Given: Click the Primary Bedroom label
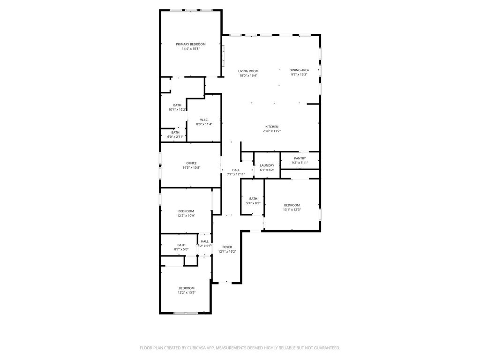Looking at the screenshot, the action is (x=191, y=45).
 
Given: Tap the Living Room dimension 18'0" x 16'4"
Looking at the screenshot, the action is (x=248, y=75).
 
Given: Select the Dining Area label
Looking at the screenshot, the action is (x=299, y=70).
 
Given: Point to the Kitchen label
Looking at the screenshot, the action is (x=272, y=127).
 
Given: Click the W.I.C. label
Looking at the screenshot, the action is (x=204, y=120).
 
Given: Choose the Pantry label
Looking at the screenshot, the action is (x=300, y=158).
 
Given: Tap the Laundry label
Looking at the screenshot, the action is (x=267, y=165).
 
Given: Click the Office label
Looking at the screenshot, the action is (x=191, y=163).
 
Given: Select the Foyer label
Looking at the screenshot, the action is (x=227, y=247).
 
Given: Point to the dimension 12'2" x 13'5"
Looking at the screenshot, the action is (x=187, y=292).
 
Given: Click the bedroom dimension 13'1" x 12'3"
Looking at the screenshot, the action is (x=292, y=210).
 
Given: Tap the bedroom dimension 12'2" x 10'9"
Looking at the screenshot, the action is (x=186, y=216).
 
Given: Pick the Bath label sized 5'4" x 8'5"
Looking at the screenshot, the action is (x=253, y=199).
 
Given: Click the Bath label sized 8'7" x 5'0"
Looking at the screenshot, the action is (x=181, y=245).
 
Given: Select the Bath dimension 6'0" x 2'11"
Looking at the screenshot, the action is (x=175, y=137).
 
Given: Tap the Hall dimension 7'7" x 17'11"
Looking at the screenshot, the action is (x=236, y=174).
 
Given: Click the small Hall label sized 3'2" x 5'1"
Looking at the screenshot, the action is (x=205, y=241).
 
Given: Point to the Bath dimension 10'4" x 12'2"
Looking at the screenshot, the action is (x=177, y=110).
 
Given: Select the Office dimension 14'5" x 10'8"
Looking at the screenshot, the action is (x=191, y=167).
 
